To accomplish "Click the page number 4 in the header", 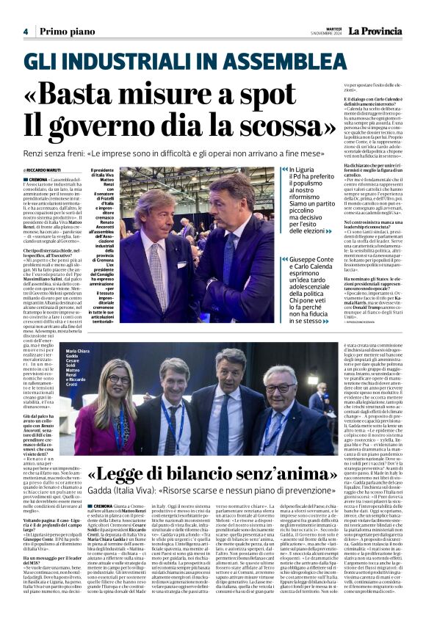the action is coord(25,32).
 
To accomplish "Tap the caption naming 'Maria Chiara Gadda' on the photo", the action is coord(79,355).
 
